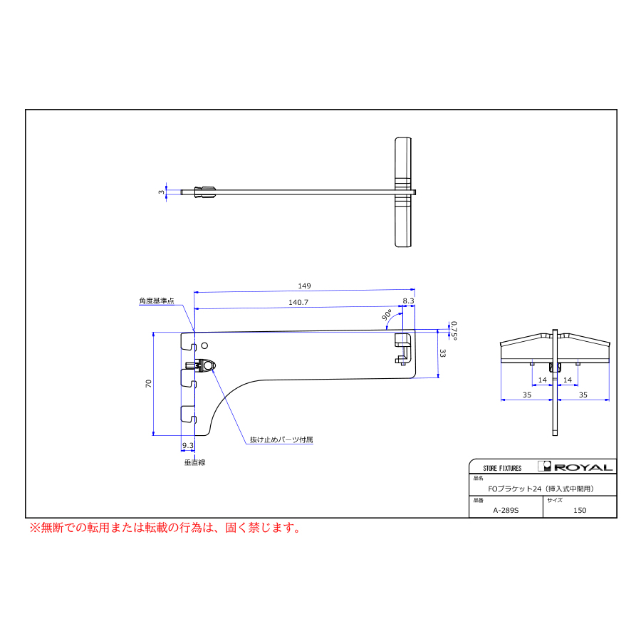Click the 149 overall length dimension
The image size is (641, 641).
point(304,286)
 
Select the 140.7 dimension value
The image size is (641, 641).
point(298,302)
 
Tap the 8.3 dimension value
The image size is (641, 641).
point(408,301)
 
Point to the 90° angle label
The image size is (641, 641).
point(387,315)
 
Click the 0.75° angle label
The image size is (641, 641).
point(454,330)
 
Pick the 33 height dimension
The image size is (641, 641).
point(442,353)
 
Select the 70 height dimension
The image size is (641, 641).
point(148,383)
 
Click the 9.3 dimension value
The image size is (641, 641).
point(188,445)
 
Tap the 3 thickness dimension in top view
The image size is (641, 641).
point(162,192)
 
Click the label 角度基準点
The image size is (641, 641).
point(157,301)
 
